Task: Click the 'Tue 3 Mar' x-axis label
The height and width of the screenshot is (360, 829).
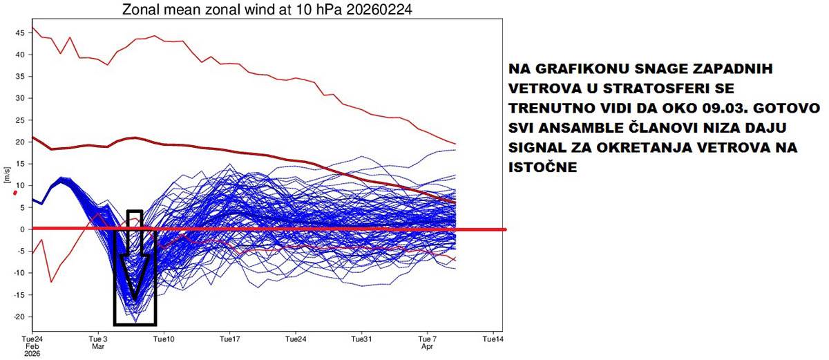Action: tap(99, 343)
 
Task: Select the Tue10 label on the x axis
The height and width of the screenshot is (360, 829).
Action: tap(164, 340)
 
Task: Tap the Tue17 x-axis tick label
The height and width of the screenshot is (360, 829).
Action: tap(229, 340)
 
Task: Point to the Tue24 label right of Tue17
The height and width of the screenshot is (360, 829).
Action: tap(296, 340)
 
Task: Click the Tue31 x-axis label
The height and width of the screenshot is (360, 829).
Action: tap(361, 340)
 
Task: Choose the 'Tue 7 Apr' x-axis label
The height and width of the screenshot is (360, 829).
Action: tap(428, 343)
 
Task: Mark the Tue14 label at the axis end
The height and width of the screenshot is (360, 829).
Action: tap(493, 340)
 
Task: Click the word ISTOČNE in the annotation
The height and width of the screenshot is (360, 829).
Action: tap(542, 168)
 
